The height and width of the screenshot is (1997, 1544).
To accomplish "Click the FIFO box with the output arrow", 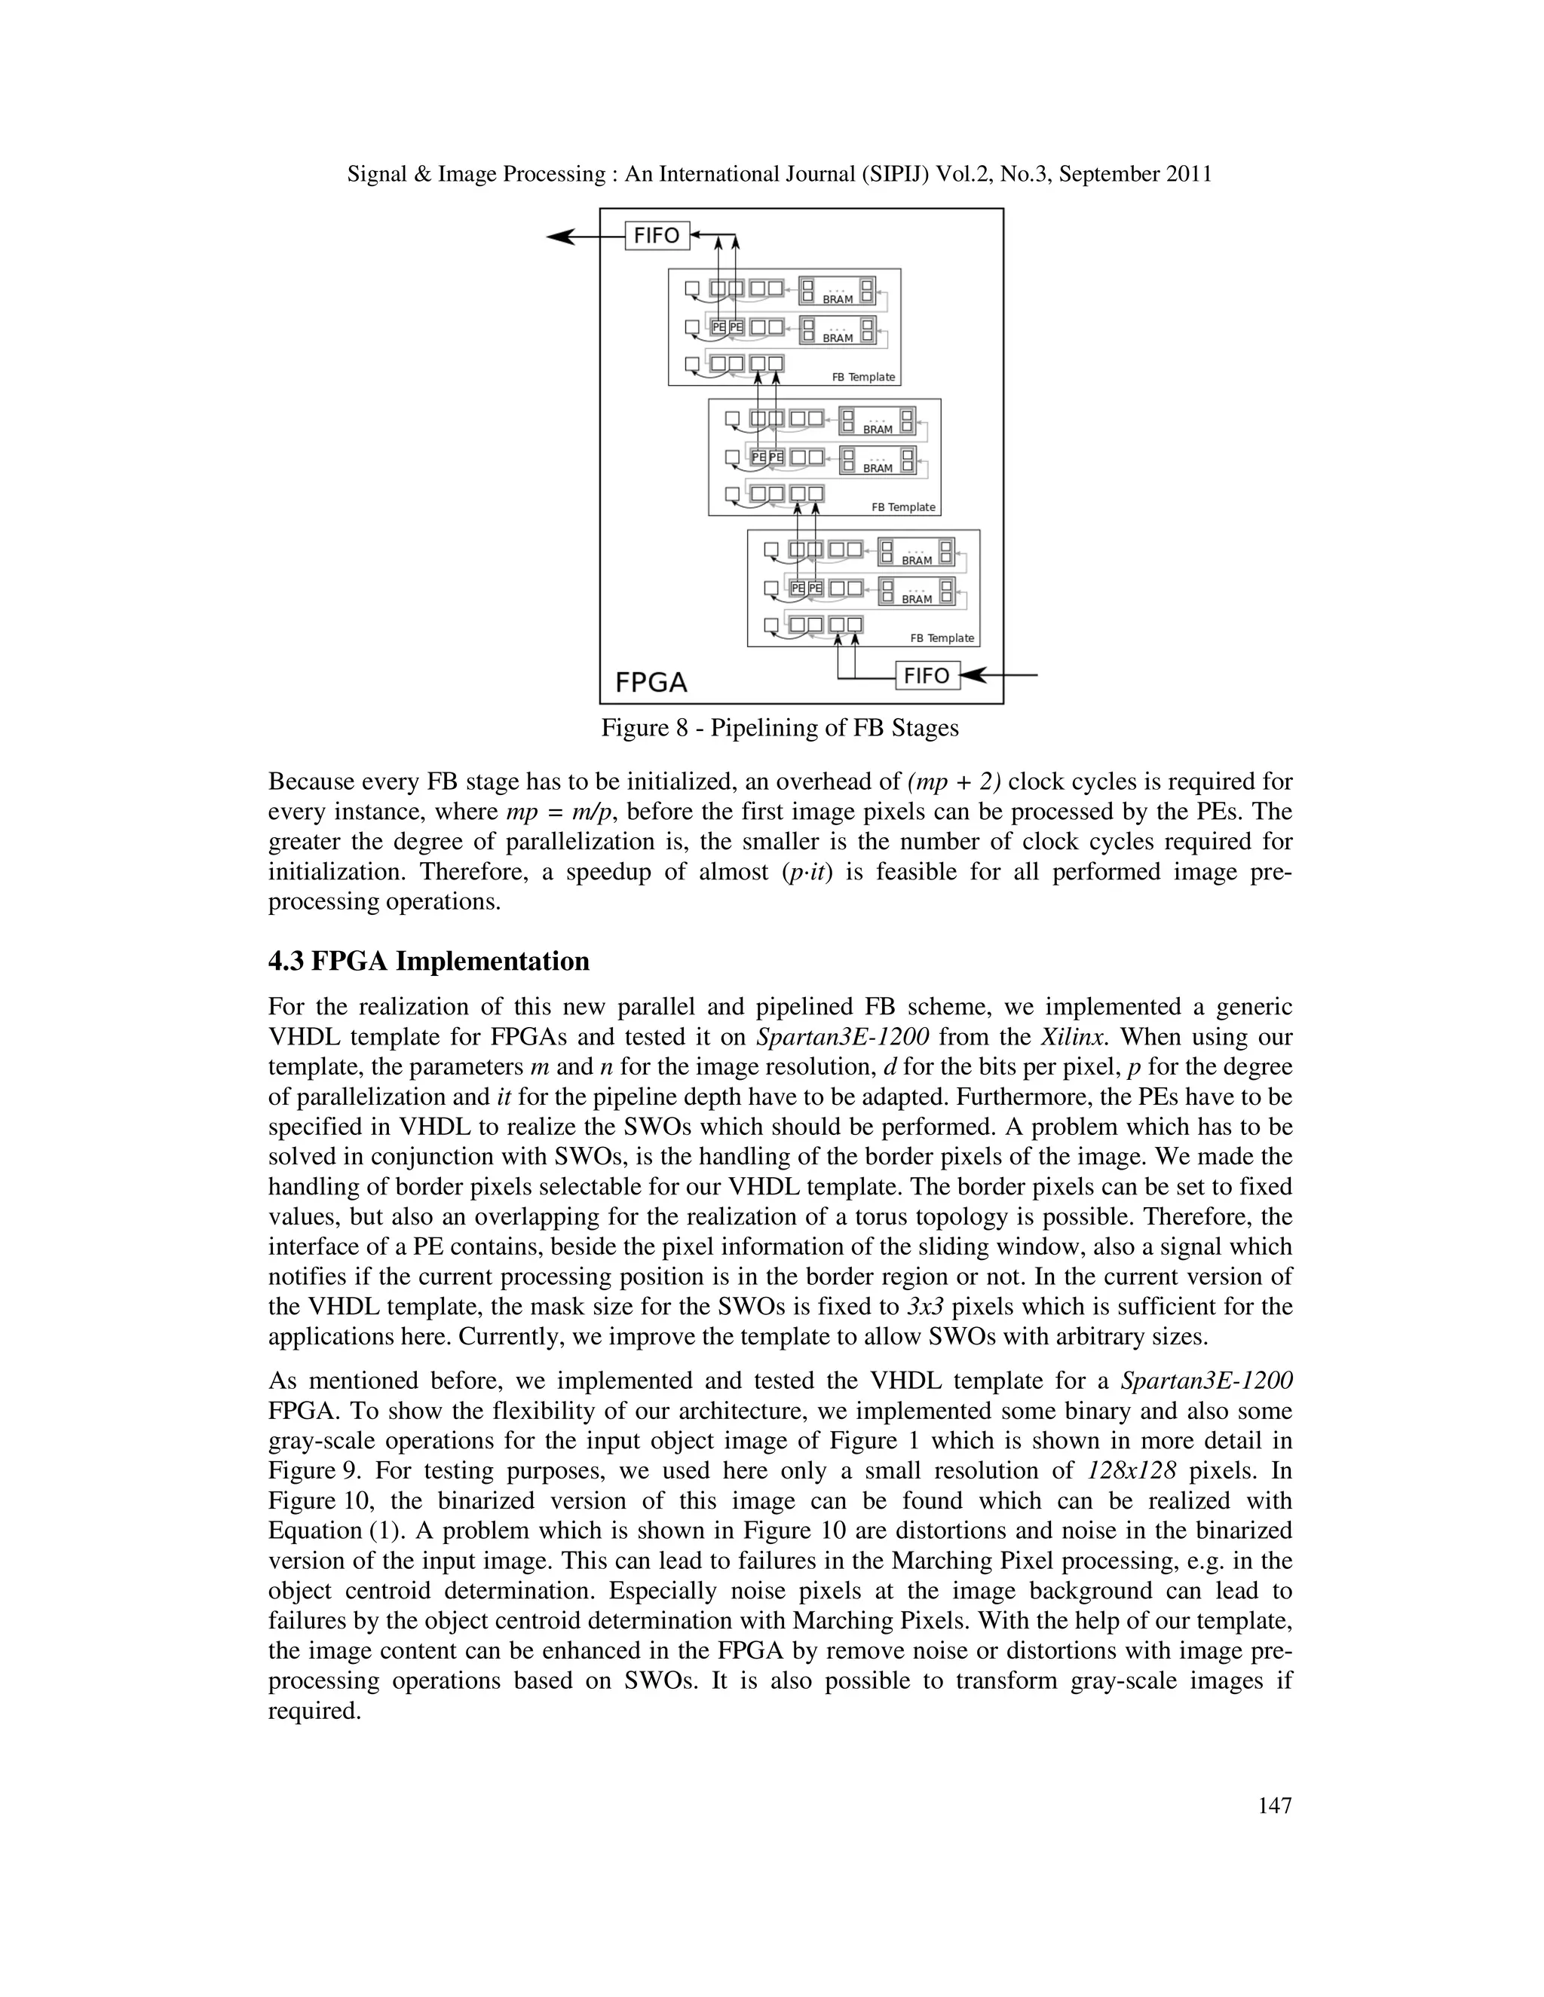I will (656, 236).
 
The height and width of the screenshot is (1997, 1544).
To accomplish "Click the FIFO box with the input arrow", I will (927, 676).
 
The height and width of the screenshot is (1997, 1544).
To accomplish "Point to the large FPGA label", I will (651, 682).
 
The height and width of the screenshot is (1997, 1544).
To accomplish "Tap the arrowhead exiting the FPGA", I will (560, 237).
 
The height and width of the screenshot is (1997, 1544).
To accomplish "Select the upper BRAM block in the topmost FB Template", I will (837, 291).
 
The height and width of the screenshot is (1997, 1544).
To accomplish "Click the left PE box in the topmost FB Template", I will (719, 326).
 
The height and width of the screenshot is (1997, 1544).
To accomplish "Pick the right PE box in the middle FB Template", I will (777, 456).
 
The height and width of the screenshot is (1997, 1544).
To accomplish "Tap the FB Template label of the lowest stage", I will (942, 638).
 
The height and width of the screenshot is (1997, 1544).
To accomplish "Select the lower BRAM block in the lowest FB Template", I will (917, 591).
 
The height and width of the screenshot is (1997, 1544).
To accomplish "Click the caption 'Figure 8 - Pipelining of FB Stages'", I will (780, 728).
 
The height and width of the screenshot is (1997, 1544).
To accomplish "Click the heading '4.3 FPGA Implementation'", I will (428, 962).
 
